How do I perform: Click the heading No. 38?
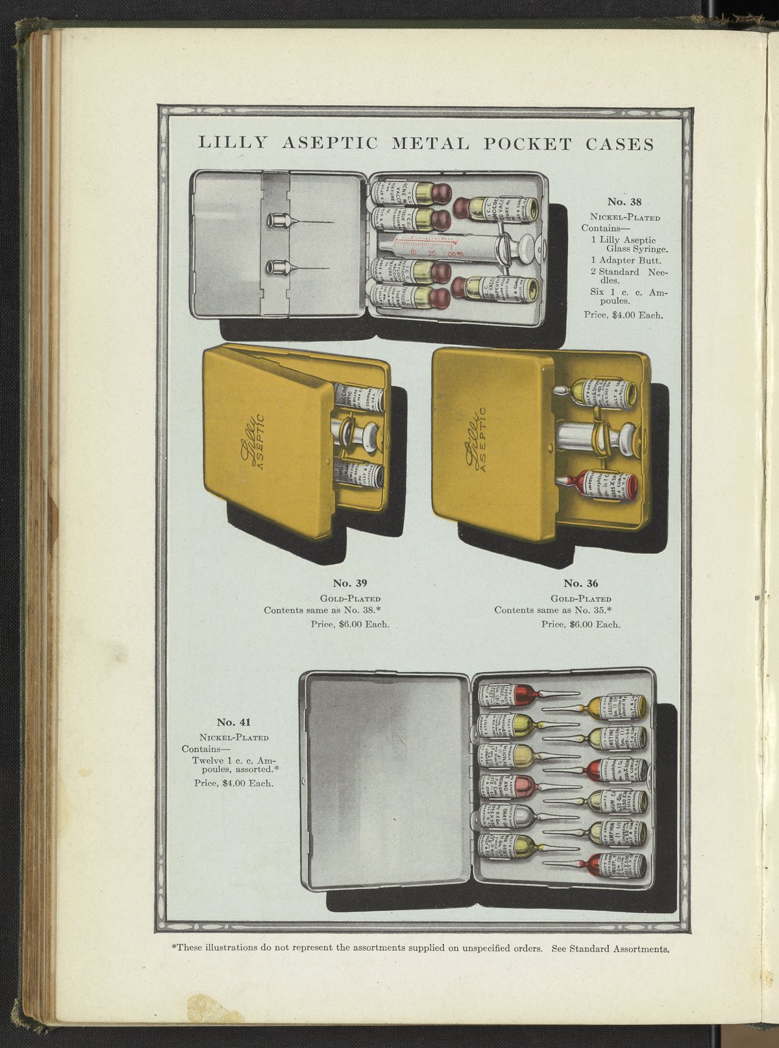click(624, 201)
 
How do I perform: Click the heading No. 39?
click(350, 583)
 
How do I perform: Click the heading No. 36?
click(581, 583)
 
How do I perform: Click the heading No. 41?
click(234, 722)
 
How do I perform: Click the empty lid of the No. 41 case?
click(386, 779)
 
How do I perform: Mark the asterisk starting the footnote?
click(174, 947)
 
